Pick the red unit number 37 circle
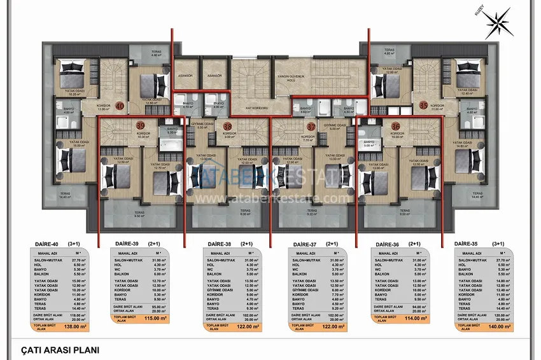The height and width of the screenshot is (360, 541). click(310, 127)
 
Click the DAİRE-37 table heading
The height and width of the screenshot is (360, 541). click(306, 244)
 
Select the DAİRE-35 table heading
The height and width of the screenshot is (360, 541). click(467, 244)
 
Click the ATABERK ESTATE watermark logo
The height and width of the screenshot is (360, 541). click(270, 177)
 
